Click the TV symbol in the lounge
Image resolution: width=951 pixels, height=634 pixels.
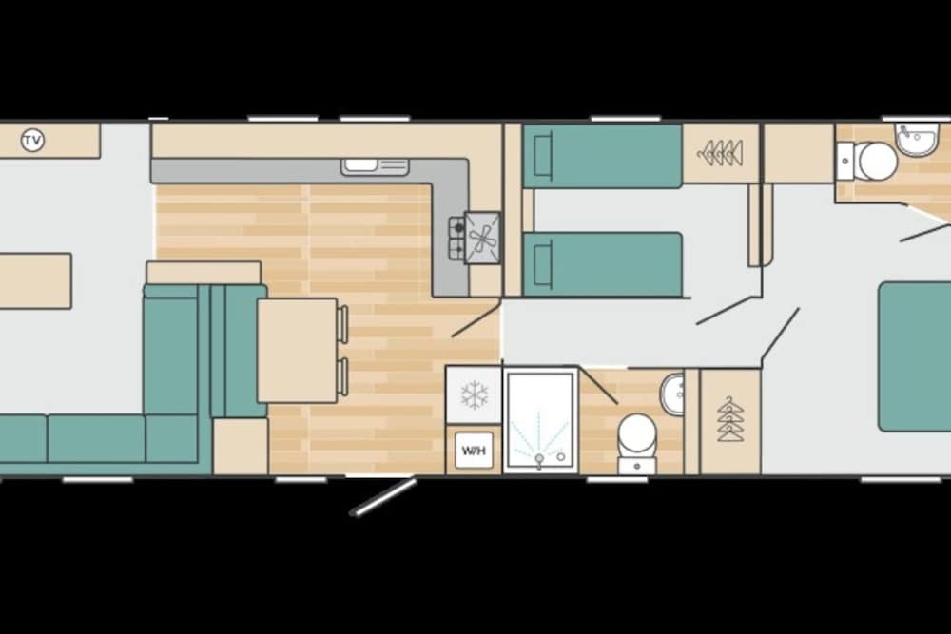tap(32, 141)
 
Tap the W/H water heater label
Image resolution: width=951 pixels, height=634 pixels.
tap(474, 451)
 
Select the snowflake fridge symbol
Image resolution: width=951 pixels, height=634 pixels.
tap(475, 395)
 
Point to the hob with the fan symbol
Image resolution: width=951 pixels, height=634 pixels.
tap(482, 238)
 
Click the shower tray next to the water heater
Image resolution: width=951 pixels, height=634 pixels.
tap(540, 421)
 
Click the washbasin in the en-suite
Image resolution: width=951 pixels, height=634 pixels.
tap(917, 140)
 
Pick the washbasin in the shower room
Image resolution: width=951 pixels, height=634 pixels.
tap(672, 394)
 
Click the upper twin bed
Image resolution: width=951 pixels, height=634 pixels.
tap(602, 156)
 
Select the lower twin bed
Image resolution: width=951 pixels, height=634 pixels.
tap(602, 265)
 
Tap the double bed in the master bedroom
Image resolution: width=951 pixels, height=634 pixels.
tap(915, 356)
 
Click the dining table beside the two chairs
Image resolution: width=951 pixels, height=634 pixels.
tap(297, 351)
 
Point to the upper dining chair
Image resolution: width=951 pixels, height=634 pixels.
tap(342, 324)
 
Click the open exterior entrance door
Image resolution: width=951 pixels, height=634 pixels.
tap(383, 498)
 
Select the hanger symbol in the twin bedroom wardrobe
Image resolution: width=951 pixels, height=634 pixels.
tap(721, 152)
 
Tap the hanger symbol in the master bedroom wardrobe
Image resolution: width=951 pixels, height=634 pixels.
tap(730, 419)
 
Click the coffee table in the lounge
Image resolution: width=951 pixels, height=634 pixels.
tap(35, 281)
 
